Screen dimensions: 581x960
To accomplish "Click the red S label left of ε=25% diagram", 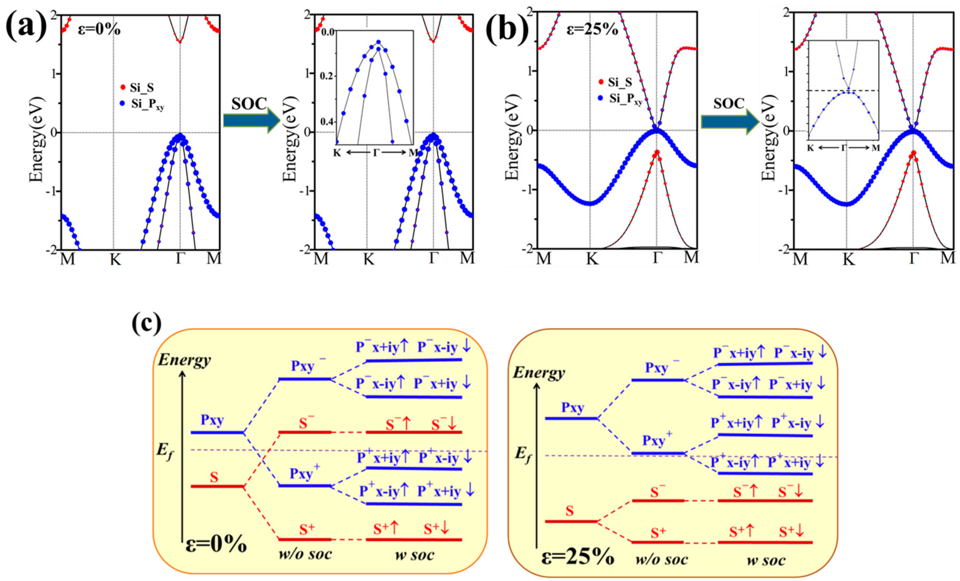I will [x=570, y=510].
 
